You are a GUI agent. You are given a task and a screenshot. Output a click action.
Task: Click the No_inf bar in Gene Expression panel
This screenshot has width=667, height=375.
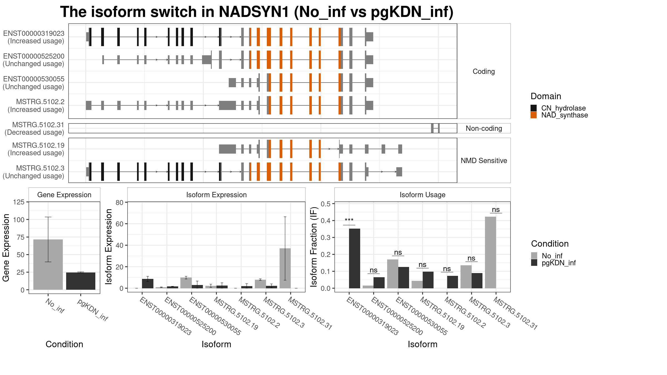coord(48,264)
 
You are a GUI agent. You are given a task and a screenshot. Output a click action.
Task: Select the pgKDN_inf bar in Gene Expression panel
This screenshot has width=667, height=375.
coord(81,281)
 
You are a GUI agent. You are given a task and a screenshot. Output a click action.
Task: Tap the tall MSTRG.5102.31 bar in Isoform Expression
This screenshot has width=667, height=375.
coord(285,268)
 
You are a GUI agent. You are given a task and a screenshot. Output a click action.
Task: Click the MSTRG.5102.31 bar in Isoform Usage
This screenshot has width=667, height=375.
coord(491,252)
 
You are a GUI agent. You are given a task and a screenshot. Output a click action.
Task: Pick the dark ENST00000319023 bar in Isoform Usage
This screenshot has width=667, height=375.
coord(355,258)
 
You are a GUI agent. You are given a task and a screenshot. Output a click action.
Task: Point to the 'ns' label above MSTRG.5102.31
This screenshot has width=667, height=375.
coord(496,210)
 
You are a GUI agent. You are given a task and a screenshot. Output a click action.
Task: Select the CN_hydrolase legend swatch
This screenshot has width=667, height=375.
coord(534,108)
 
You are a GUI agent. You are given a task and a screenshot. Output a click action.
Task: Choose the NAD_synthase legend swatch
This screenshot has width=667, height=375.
coord(534,115)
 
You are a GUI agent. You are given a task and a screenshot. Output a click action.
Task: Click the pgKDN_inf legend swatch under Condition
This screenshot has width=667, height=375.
coord(534,263)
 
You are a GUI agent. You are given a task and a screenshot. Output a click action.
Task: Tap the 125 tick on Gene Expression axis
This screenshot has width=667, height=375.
coord(19,202)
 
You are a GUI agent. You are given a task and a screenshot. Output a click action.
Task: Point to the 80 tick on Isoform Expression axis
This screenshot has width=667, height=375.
coord(120,202)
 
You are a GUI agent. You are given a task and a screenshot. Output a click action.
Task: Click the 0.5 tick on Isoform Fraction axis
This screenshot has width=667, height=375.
coord(326,204)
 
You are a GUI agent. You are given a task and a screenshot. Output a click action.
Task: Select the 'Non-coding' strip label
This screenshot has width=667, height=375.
coord(484,128)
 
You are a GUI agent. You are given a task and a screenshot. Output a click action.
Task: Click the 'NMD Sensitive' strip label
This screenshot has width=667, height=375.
coord(484,161)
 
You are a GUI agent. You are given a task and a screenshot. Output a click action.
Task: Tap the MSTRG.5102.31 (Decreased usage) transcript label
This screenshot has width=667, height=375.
coord(34,129)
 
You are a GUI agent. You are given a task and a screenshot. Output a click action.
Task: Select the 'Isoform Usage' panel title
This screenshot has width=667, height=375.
coord(422,195)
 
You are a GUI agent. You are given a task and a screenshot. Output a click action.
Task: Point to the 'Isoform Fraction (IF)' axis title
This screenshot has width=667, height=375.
coord(314,247)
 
